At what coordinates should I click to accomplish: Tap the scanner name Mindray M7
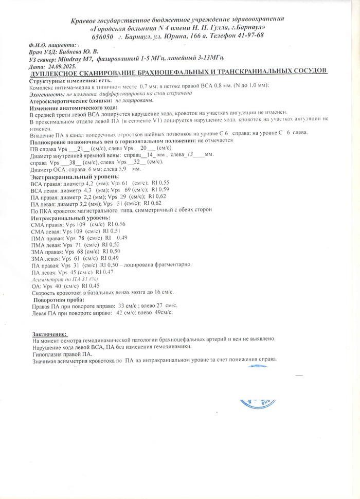point(87,59)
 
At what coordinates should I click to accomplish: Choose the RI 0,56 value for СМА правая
point(116,224)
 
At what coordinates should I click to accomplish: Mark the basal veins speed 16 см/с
point(153,292)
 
